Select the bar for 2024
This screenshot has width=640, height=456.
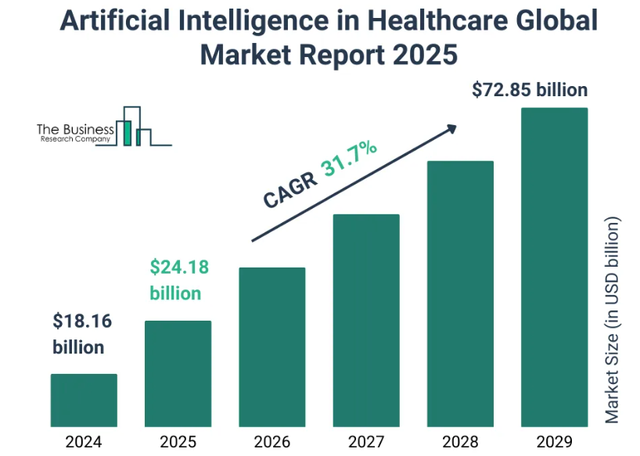pyautogui.click(x=84, y=400)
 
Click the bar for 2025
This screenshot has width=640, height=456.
pyautogui.click(x=178, y=373)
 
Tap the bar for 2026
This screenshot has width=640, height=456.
pyautogui.click(x=271, y=346)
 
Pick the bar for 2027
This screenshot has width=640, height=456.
pyautogui.click(x=366, y=320)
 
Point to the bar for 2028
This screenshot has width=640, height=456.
pyautogui.click(x=460, y=293)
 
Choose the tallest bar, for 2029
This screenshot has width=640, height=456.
pyautogui.click(x=554, y=267)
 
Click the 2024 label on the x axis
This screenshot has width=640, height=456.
pyautogui.click(x=84, y=440)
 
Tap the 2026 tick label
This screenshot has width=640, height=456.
pyautogui.click(x=271, y=440)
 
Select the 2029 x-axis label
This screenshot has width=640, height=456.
pyautogui.click(x=554, y=440)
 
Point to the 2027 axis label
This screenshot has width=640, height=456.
pyautogui.click(x=366, y=440)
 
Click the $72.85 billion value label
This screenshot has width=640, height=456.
pyautogui.click(x=530, y=90)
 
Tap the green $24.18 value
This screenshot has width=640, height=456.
pyautogui.click(x=179, y=267)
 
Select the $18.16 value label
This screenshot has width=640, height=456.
pyautogui.click(x=79, y=321)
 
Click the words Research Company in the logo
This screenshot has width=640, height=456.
pyautogui.click(x=75, y=139)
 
